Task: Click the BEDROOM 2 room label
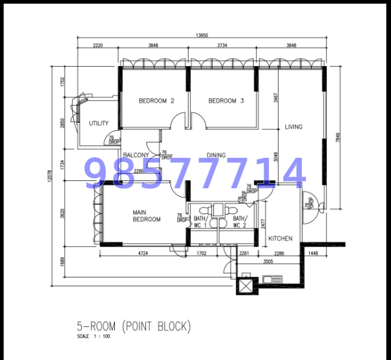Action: click(x=156, y=101)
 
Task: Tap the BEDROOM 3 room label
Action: click(x=226, y=101)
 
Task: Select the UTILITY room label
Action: click(x=98, y=124)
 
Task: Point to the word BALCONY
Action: click(x=136, y=155)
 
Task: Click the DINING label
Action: click(x=215, y=156)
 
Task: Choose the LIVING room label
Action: click(x=293, y=127)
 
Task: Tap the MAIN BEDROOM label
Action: click(x=147, y=215)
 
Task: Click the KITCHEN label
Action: click(x=280, y=238)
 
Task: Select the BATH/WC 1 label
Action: click(x=201, y=222)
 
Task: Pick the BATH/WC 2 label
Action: click(x=239, y=222)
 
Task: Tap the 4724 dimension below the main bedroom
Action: click(x=142, y=252)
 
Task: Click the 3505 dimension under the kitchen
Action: click(x=267, y=261)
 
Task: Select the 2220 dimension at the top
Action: click(x=98, y=46)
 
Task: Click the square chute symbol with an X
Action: click(x=246, y=285)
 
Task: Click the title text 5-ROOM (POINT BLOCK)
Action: click(x=134, y=326)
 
